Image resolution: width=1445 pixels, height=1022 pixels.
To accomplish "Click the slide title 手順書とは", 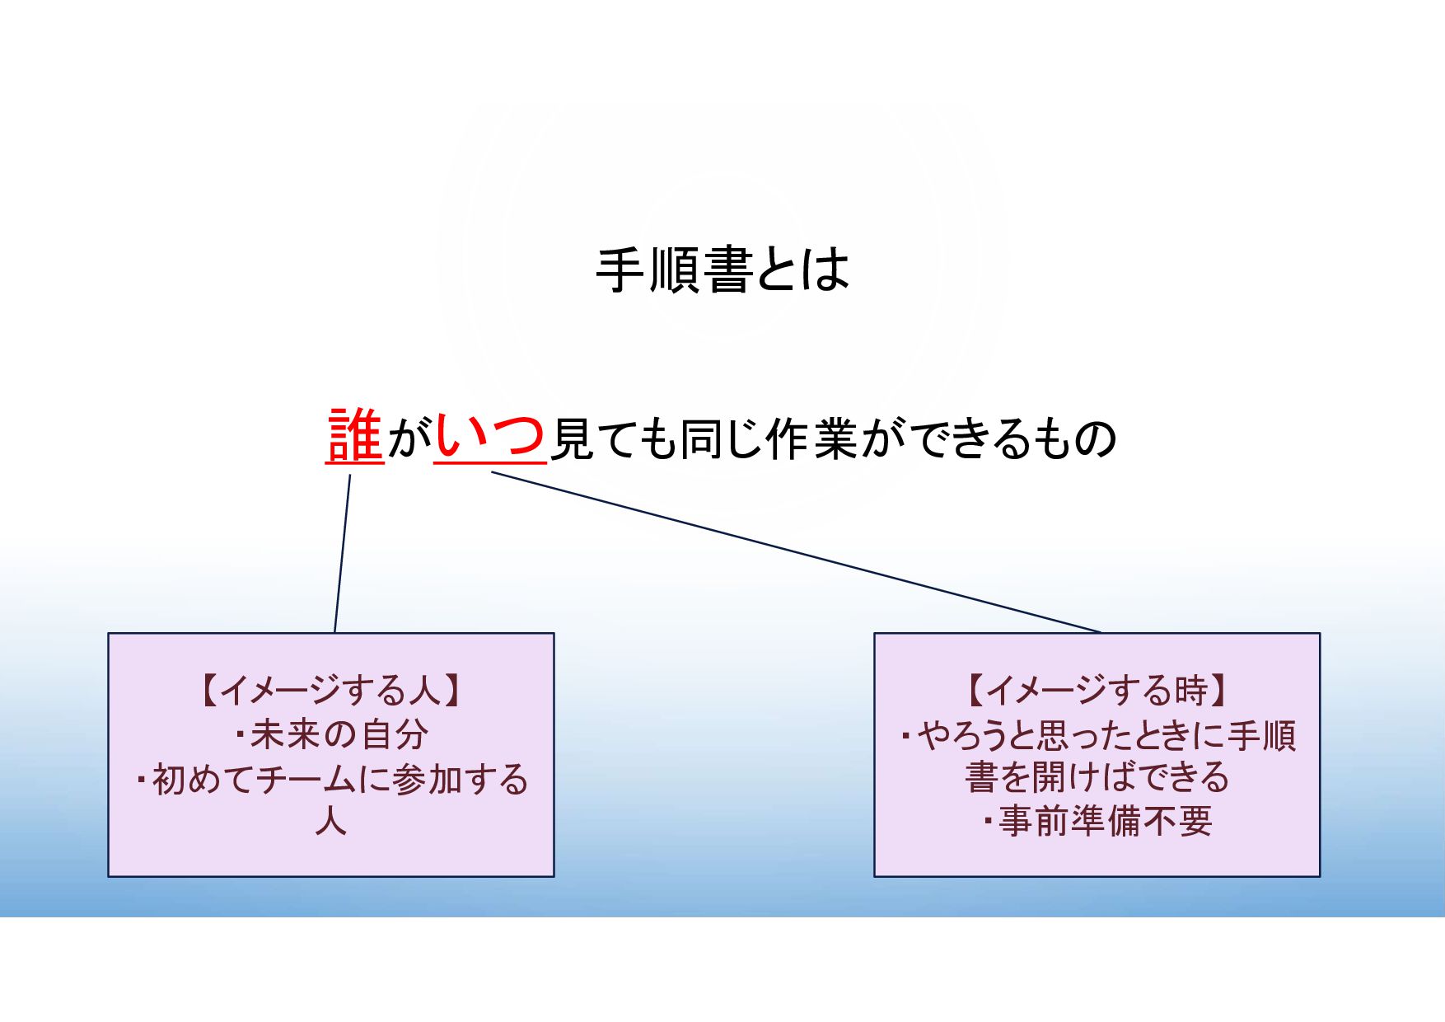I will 722,270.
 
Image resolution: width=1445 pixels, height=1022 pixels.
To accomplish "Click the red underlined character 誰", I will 355,436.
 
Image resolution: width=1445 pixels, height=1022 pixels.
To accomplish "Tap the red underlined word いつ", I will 490,436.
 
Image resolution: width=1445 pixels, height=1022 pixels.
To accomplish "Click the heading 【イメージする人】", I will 331,691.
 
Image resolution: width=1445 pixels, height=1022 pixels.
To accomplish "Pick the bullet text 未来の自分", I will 339,734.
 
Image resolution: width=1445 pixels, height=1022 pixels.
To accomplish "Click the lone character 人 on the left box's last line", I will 330,822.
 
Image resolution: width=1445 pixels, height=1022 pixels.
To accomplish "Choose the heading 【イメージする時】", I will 1097,691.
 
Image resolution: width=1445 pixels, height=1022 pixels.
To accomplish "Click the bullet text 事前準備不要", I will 1105,822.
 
